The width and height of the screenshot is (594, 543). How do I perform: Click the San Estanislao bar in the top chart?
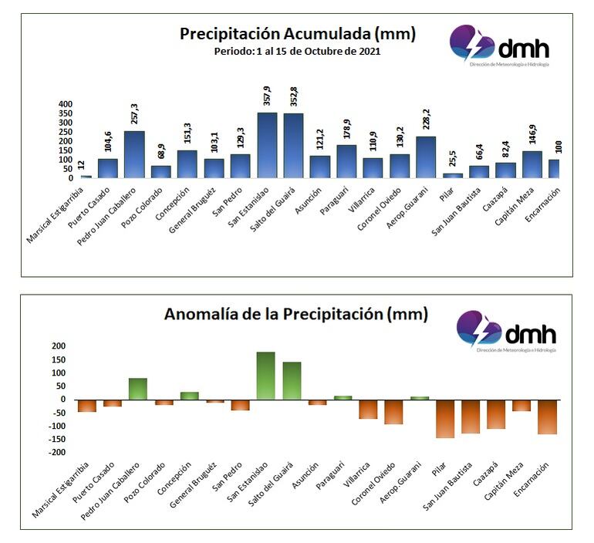[x=267, y=146]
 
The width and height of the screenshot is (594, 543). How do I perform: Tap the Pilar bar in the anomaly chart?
[x=445, y=419]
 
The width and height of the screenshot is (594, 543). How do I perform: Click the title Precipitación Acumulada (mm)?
[x=297, y=34]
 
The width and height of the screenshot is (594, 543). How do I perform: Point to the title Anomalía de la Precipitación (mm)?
[x=295, y=315]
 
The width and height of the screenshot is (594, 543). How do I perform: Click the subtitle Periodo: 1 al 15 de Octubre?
[x=297, y=51]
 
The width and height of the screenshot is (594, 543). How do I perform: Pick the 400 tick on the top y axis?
[x=66, y=104]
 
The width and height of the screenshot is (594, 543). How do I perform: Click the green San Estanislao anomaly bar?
[x=266, y=376]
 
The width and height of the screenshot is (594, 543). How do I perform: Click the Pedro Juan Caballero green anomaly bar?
[x=138, y=389]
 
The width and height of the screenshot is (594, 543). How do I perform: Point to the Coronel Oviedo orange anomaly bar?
[x=394, y=412]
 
